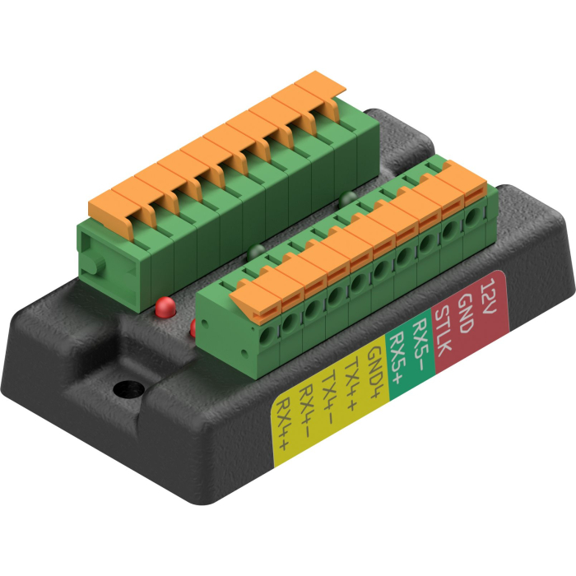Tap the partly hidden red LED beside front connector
pos(194,327)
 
